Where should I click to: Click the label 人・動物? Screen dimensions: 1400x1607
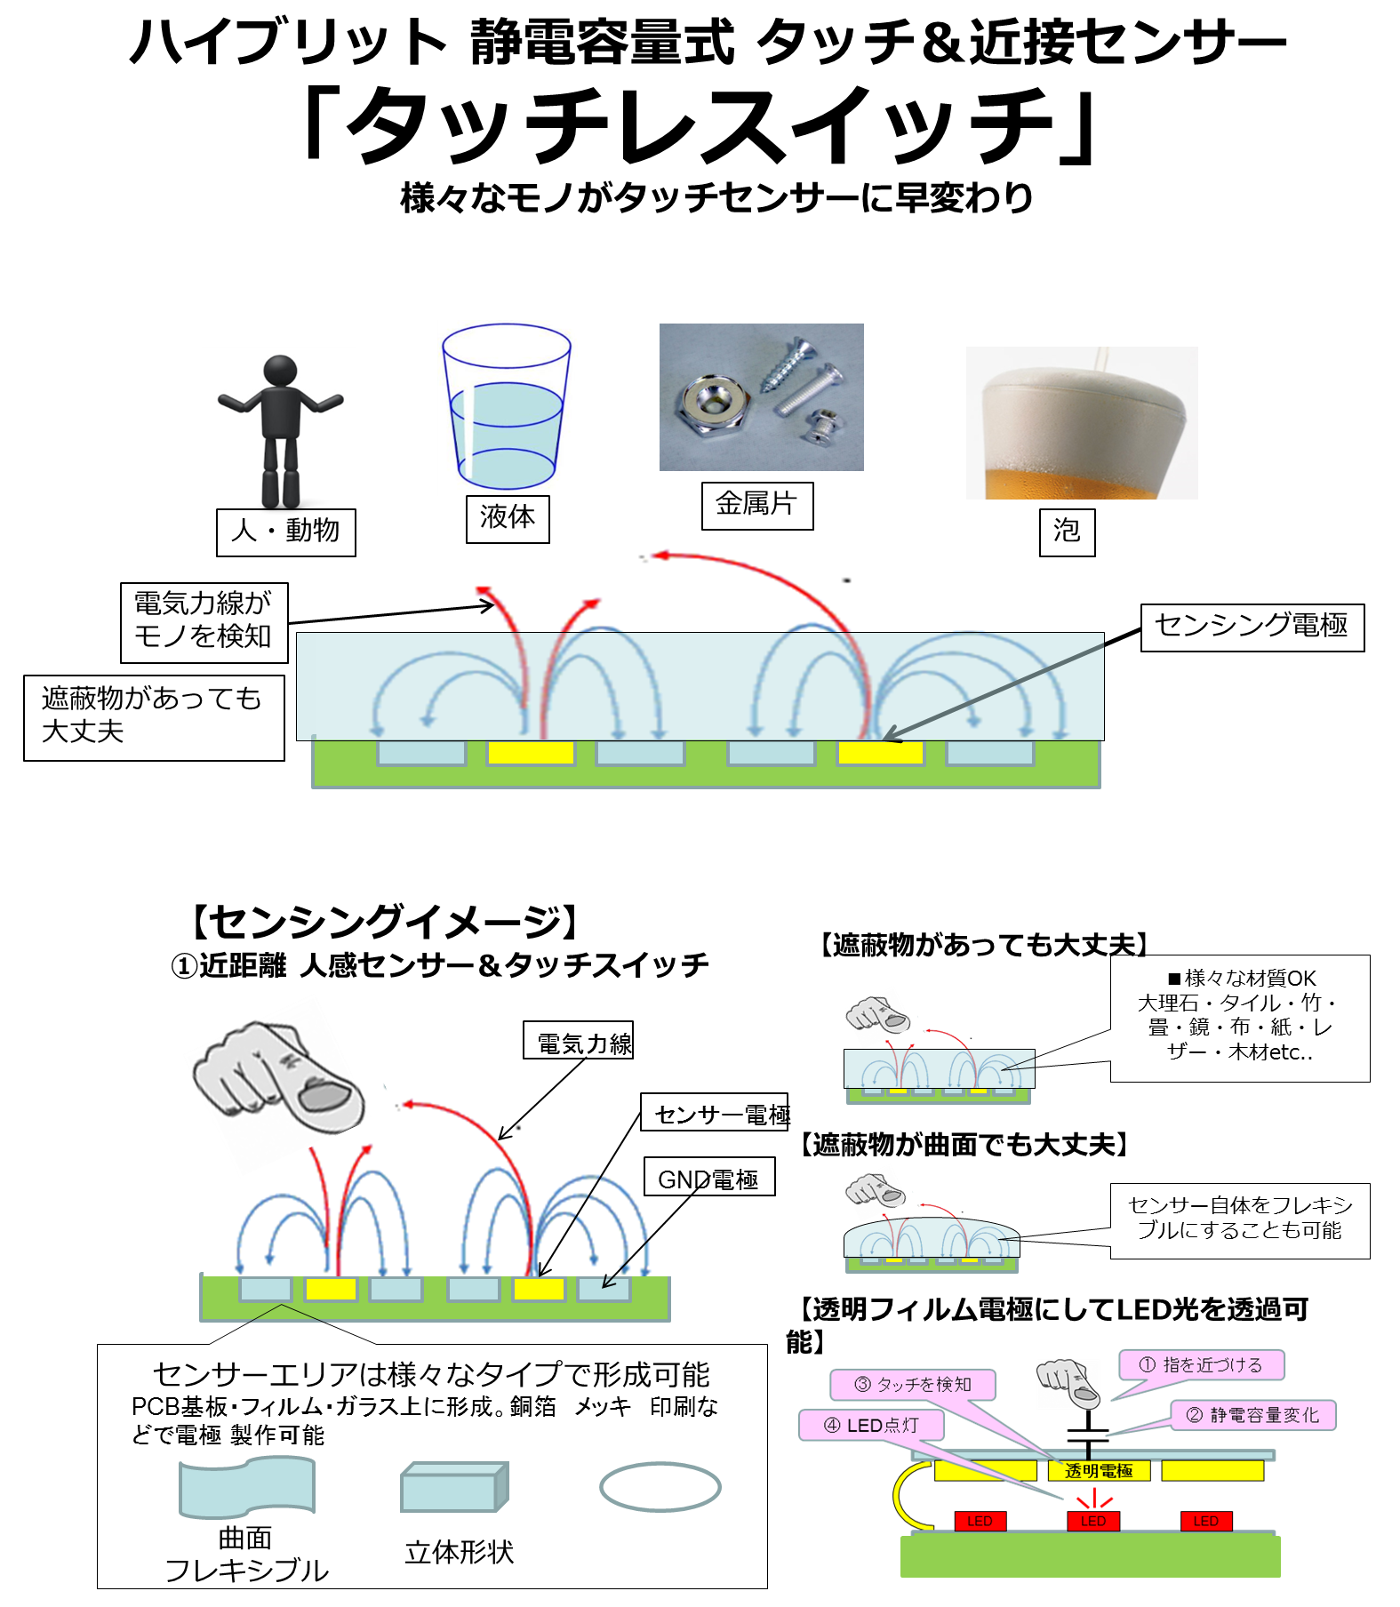286,532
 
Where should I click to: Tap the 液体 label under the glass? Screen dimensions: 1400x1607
508,518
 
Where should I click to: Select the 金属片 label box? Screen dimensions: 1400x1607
757,506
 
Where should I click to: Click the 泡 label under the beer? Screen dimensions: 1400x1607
1067,532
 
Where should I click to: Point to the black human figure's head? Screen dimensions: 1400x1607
280,371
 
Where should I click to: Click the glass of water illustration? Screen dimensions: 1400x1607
507,406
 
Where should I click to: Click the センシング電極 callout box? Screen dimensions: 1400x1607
1252,628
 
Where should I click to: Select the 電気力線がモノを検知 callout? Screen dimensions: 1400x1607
204,622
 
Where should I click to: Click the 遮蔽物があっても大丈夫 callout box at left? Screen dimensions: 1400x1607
154,717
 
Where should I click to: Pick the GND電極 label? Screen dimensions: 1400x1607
709,1176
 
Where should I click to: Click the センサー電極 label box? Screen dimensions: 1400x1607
715,1112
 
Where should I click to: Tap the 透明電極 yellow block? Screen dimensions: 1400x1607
1099,1471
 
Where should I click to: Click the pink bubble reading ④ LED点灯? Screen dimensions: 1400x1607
871,1425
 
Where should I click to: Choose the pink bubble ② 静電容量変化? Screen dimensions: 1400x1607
1253,1415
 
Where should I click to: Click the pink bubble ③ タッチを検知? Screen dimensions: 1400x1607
913,1384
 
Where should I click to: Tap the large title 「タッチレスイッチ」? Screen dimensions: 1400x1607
700,125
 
